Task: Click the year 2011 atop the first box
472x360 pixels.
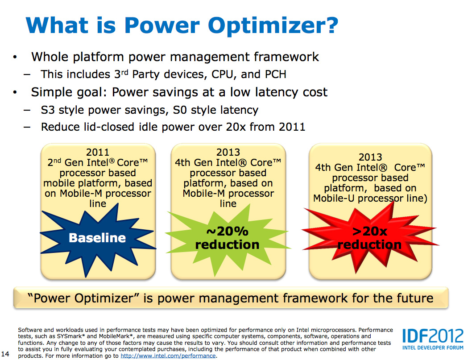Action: click(98, 152)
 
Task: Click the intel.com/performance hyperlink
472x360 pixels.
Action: click(168, 356)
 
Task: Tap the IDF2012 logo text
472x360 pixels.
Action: click(433, 335)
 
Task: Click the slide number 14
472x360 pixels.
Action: click(5, 354)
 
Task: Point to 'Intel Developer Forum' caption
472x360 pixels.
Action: click(433, 348)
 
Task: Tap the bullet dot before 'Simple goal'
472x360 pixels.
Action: click(15, 92)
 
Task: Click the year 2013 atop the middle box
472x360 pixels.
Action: click(228, 152)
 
